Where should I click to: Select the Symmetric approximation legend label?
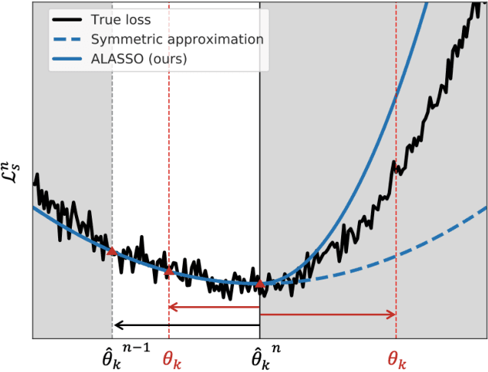(x=177, y=39)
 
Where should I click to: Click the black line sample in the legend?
(x=70, y=18)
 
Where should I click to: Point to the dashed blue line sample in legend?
(x=70, y=39)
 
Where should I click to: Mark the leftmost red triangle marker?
(x=112, y=250)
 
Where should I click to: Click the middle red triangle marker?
(x=169, y=270)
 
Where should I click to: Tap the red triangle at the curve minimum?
(x=259, y=284)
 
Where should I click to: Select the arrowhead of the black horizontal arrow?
(x=116, y=324)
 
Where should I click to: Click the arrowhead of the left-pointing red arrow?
(x=173, y=308)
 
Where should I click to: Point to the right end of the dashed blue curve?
(x=486, y=207)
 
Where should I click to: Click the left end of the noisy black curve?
(x=34, y=182)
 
